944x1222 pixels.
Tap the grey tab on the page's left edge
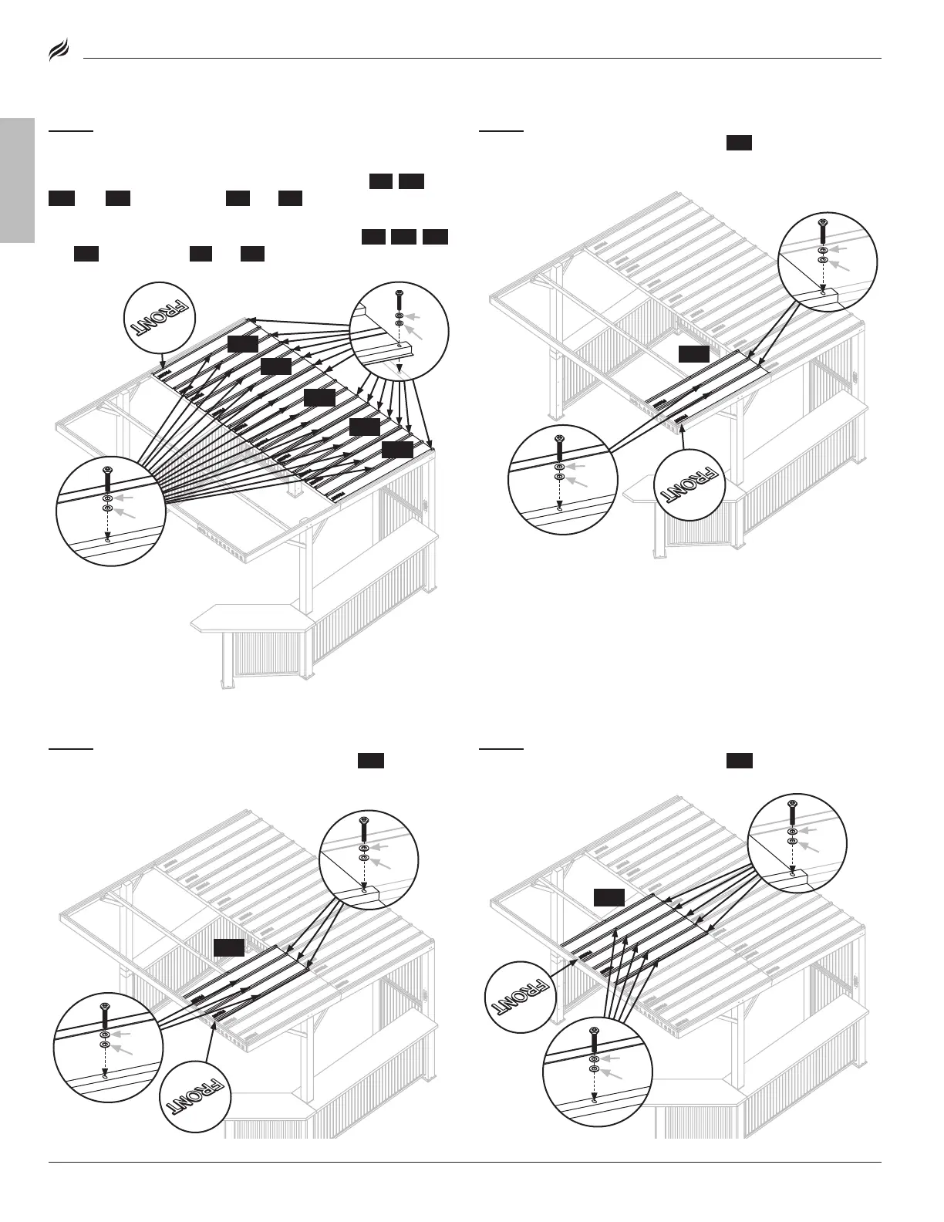17,181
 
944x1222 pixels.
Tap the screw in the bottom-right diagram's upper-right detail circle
793,812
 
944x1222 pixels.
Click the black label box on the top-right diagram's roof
693,353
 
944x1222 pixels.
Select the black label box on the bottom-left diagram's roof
229,947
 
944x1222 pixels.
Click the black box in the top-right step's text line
739,143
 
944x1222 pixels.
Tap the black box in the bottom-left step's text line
371,761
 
